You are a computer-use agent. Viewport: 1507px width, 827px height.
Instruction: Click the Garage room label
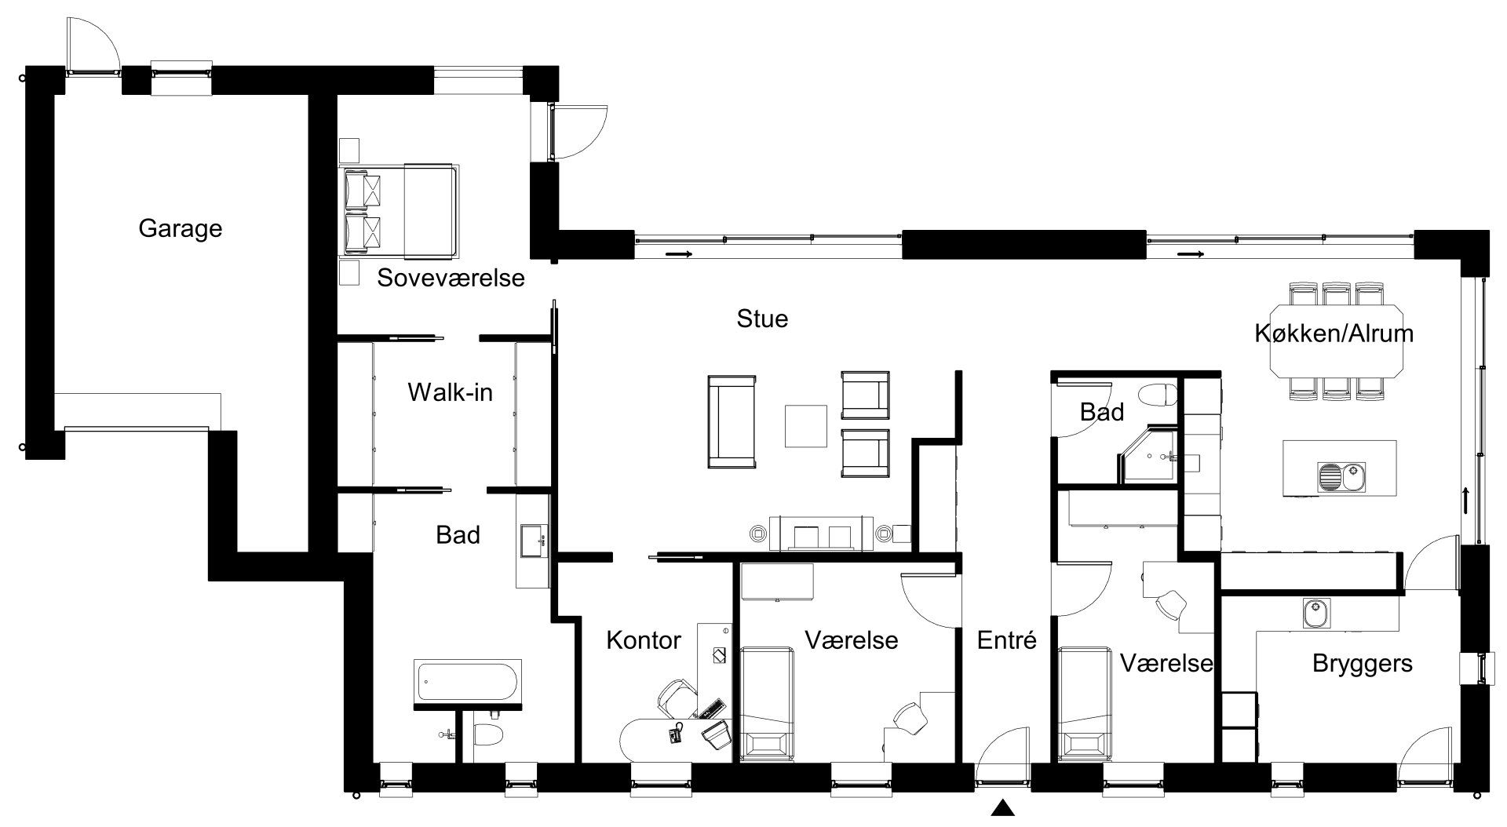click(180, 229)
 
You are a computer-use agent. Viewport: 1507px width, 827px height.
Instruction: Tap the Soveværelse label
click(451, 278)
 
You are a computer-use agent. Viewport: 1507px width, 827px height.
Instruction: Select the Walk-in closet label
click(450, 392)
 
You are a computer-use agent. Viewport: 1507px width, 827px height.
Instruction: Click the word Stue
click(762, 319)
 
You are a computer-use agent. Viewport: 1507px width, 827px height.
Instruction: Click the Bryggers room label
click(1363, 664)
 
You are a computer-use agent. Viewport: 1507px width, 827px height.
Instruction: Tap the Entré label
click(1006, 640)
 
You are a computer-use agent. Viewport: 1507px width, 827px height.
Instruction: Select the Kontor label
click(643, 640)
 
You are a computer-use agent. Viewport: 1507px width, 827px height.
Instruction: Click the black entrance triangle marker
click(1001, 807)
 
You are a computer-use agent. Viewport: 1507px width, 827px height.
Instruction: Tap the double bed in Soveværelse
click(400, 210)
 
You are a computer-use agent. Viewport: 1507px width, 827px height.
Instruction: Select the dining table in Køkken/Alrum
click(1335, 342)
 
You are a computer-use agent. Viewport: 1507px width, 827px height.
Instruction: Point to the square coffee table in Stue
click(806, 425)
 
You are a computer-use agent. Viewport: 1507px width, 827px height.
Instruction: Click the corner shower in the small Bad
click(1147, 454)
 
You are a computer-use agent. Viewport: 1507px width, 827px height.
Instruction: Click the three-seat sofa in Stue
click(732, 421)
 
